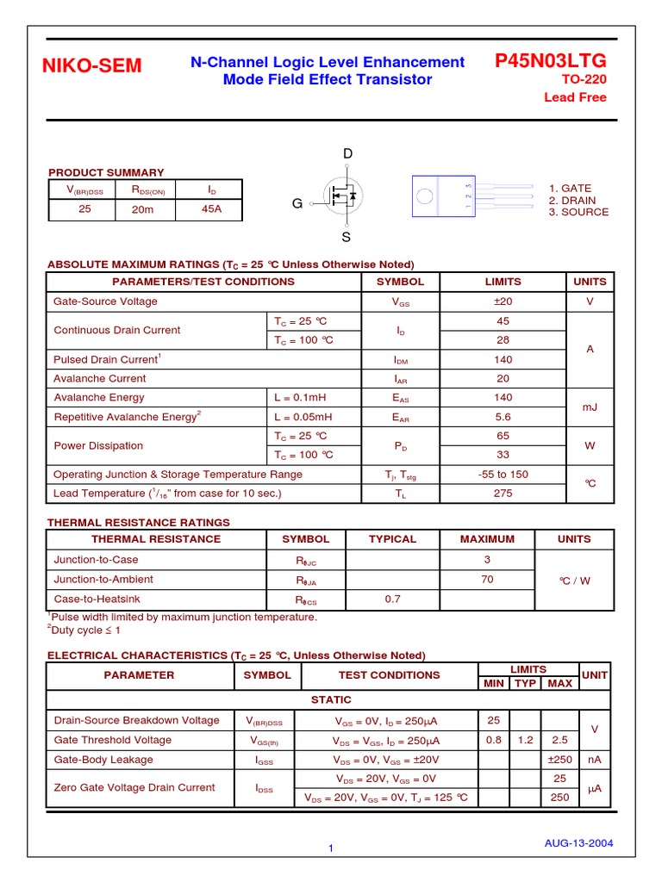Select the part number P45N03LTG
tap(550, 60)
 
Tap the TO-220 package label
tap(584, 80)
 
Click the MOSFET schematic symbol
tap(340, 196)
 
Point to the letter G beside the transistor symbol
tap(297, 204)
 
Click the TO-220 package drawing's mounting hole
tap(424, 195)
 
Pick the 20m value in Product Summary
tap(143, 209)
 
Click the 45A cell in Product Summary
tap(211, 208)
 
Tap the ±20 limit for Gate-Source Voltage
tap(503, 301)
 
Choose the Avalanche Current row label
tap(100, 378)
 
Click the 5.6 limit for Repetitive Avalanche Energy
tap(503, 417)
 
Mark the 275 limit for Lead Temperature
tap(503, 494)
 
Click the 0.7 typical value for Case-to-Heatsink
tap(392, 599)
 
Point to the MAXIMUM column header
tap(487, 539)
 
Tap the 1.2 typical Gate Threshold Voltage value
tap(525, 740)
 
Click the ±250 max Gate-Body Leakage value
tap(559, 760)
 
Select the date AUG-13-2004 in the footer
tap(578, 843)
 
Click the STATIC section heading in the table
tap(331, 700)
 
